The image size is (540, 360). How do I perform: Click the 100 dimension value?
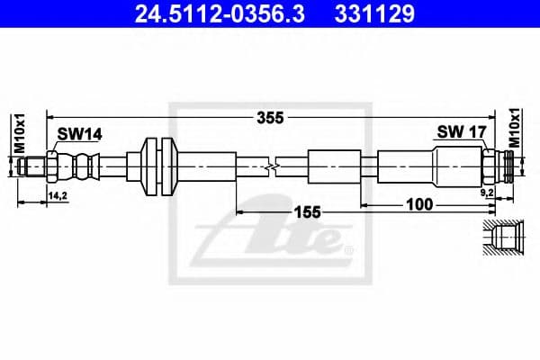tap(418, 205)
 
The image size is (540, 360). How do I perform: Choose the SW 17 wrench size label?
tap(462, 131)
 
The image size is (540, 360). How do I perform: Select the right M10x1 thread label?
tap(515, 126)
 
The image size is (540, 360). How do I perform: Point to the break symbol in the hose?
tap(274, 166)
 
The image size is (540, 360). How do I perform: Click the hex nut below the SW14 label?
tap(53, 166)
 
